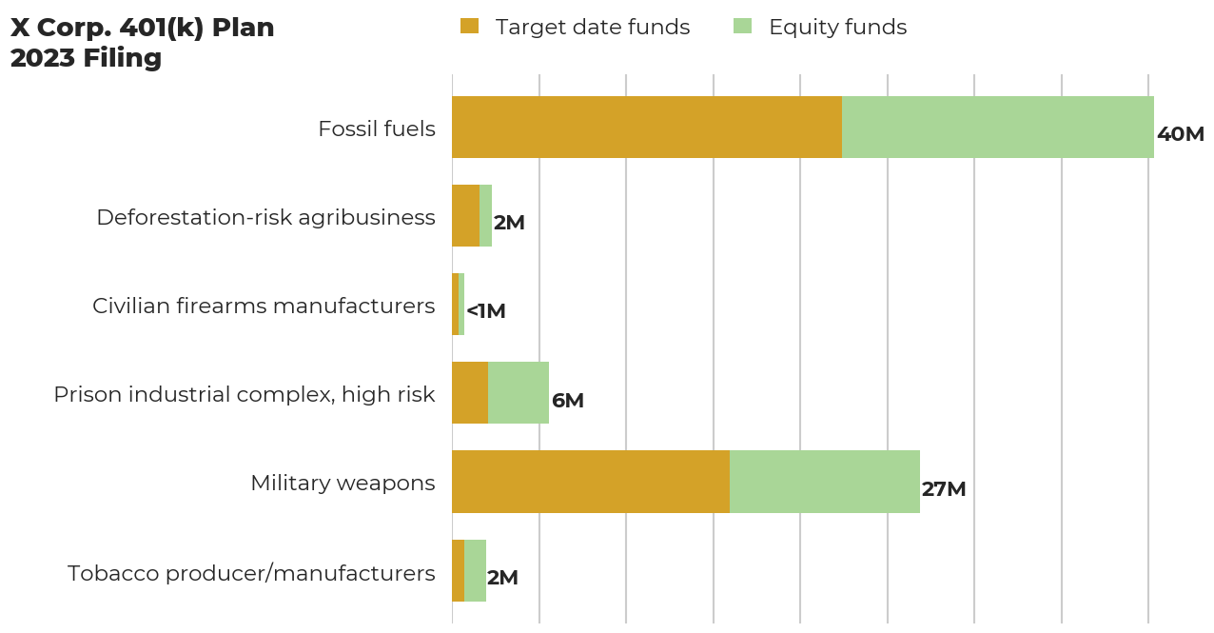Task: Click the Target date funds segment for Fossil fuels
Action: coord(647,127)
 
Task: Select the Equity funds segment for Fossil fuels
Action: coord(997,127)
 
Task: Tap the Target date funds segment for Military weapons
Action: coord(590,482)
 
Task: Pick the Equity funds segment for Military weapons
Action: coord(824,482)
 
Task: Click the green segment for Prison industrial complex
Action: coord(519,393)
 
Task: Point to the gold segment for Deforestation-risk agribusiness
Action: coord(465,216)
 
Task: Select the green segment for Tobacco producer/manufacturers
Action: coord(475,570)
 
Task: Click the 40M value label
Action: coord(1180,134)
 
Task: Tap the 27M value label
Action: coord(943,489)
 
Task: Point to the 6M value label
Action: coord(567,401)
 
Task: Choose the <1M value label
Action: coord(485,311)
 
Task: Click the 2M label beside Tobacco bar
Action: coord(502,578)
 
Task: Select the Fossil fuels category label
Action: coord(377,129)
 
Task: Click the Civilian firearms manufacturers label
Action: coord(264,306)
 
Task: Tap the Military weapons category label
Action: coord(343,483)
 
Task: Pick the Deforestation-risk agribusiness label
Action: coord(265,217)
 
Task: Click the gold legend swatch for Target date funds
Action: coord(469,27)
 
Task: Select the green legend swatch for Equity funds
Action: coord(742,27)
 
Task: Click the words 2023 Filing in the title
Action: coord(86,58)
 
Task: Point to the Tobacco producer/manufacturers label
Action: coord(251,573)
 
